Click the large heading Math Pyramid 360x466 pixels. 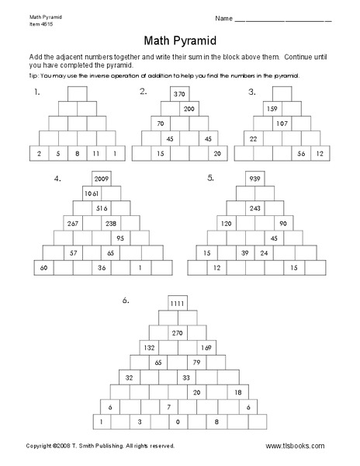(179, 40)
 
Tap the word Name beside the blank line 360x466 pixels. (222, 18)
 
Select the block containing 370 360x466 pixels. (180, 94)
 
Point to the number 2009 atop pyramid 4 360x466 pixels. (102, 179)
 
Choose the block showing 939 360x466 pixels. (255, 179)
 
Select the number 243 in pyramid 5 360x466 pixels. (255, 208)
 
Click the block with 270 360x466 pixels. (178, 332)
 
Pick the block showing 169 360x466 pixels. (206, 347)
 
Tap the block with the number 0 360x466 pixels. (178, 421)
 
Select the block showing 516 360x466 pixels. (102, 208)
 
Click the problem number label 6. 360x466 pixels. (124, 298)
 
